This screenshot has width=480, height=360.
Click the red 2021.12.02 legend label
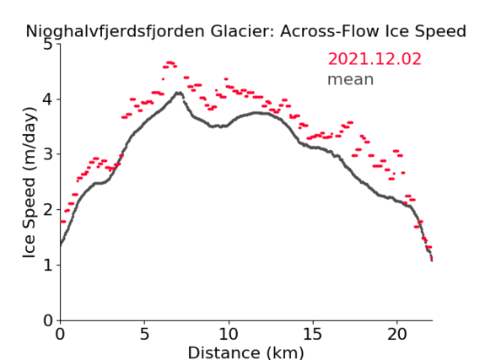pos(375,59)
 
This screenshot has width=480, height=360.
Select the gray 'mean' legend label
pos(351,79)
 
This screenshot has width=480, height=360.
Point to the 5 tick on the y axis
pos(48,45)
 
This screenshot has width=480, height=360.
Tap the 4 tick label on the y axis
pos(48,99)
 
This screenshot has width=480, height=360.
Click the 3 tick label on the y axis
pos(48,154)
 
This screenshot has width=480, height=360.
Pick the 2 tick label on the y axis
pos(48,210)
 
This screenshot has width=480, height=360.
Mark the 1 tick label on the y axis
pos(48,265)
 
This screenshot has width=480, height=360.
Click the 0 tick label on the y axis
pos(48,320)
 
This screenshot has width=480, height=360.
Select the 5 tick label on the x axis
pos(144,334)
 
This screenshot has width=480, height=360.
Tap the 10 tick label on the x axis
pos(229,334)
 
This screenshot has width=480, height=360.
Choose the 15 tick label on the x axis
pos(313,334)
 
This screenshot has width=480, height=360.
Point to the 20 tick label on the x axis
pos(397,334)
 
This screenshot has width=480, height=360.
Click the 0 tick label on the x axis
pos(60,334)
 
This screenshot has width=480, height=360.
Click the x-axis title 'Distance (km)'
pos(245,352)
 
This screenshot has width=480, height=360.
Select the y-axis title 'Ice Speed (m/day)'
pos(30,183)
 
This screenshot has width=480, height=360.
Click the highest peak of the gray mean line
pos(179,93)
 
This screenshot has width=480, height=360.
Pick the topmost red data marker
pos(170,62)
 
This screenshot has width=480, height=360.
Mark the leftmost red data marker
pos(62,222)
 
